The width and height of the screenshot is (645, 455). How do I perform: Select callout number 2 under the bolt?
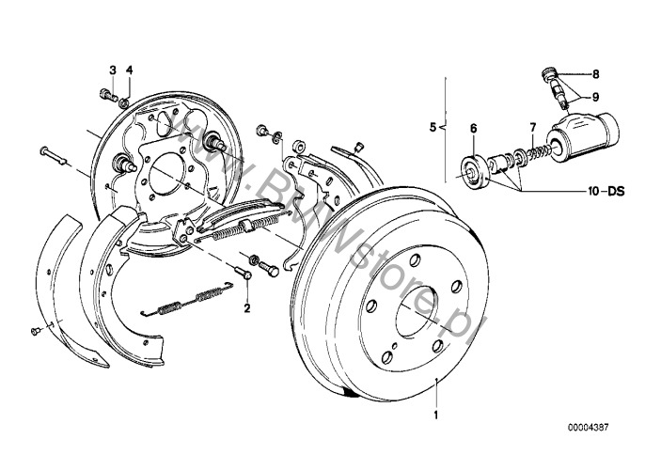pyautogui.click(x=246, y=306)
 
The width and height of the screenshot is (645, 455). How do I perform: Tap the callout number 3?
pyautogui.click(x=112, y=70)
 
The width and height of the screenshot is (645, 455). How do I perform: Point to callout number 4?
pyautogui.click(x=130, y=70)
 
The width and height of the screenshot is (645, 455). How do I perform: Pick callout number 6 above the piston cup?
pyautogui.click(x=474, y=127)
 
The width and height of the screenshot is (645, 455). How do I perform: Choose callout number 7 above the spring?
pyautogui.click(x=531, y=127)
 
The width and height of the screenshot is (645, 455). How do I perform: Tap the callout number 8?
pyautogui.click(x=595, y=73)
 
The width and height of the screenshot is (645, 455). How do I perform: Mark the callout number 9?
pyautogui.click(x=595, y=96)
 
